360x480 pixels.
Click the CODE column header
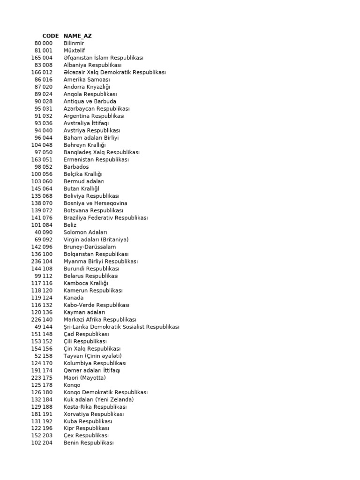pos(50,36)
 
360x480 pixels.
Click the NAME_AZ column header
pos(78,36)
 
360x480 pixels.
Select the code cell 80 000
pos(44,43)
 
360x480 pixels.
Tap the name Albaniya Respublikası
pos(92,65)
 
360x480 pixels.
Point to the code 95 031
pos(44,109)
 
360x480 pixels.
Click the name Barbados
pos(76,167)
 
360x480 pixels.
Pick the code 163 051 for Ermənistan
pos(42,159)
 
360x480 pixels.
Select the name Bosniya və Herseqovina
pos(95,203)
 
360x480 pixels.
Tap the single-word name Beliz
pos(70,225)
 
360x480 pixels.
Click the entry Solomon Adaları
pos(85,232)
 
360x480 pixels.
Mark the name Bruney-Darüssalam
pos(90,247)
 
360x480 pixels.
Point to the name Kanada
pos(74,298)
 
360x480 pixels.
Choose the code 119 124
pos(42,298)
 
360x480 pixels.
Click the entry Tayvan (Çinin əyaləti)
pos(92,356)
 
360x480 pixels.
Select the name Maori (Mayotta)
pos(84,378)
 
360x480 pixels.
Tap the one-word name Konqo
pos(72,385)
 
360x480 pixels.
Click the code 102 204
pos(42,443)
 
